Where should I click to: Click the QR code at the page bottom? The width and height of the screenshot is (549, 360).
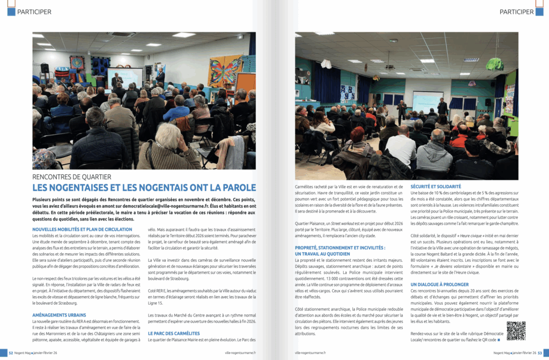click(516, 331)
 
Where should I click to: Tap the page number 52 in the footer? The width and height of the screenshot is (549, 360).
click(10, 352)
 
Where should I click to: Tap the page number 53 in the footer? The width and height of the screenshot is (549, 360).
click(539, 352)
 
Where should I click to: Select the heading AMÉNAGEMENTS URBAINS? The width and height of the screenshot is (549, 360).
click(59, 314)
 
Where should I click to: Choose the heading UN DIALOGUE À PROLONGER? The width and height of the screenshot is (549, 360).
click(440, 284)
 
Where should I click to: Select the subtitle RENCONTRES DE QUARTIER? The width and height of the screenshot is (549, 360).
click(72, 177)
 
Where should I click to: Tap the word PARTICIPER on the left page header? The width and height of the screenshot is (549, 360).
click(34, 12)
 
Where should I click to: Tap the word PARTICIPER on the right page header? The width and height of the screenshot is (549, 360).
click(516, 12)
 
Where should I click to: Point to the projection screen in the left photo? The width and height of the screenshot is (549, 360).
click(124, 78)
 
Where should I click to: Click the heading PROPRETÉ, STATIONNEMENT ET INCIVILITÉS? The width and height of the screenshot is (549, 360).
click(340, 248)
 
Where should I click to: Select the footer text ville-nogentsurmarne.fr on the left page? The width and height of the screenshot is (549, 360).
click(241, 352)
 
